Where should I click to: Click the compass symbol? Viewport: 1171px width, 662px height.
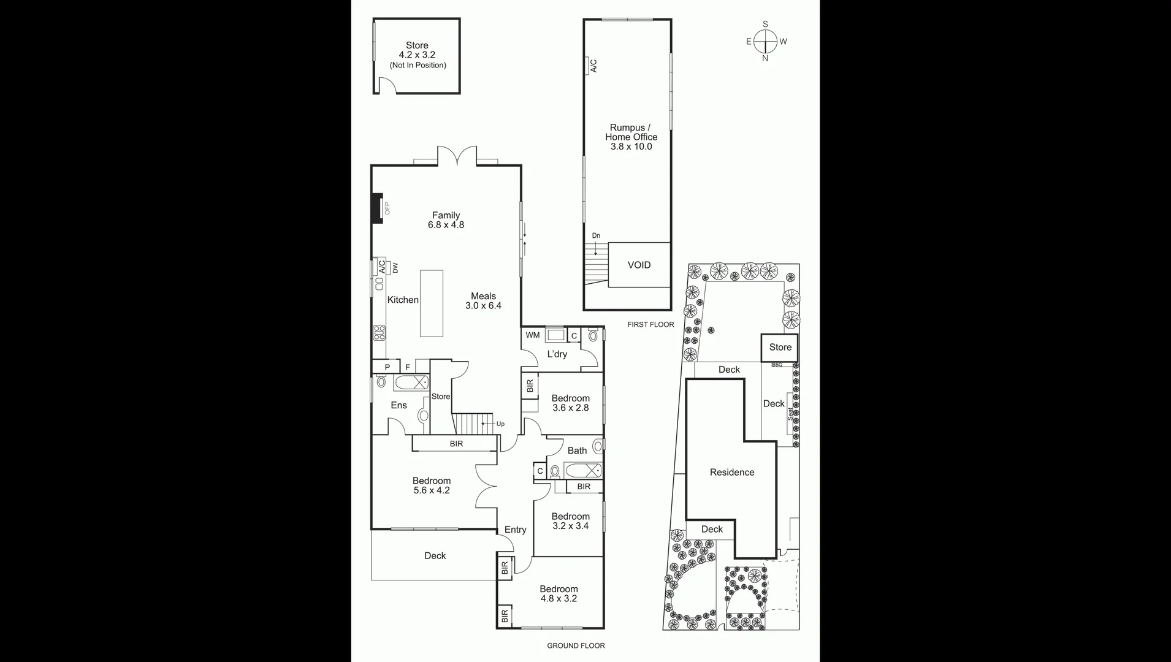765,42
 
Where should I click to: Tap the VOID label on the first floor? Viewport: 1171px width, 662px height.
639,265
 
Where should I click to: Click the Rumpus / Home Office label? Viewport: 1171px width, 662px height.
631,137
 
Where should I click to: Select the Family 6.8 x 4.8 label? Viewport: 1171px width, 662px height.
446,220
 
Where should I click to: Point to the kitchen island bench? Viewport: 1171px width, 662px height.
431,303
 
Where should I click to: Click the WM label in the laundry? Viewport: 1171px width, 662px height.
532,335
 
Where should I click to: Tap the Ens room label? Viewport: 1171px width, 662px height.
399,405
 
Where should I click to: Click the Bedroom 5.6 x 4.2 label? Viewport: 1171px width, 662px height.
431,485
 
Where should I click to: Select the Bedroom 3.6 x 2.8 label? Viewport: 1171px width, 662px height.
570,403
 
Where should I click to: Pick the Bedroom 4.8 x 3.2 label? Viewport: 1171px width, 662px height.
558,594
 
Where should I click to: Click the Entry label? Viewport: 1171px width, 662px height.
515,530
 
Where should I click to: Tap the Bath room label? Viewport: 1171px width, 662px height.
577,451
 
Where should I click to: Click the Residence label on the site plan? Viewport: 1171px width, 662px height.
731,472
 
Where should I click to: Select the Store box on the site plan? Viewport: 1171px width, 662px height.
780,348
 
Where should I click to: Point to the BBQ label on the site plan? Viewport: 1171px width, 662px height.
777,365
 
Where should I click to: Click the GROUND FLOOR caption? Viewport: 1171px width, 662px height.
576,645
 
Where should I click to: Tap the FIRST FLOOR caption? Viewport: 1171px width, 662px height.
650,325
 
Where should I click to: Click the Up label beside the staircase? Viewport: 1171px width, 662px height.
500,424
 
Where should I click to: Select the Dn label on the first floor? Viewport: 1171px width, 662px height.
596,236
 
